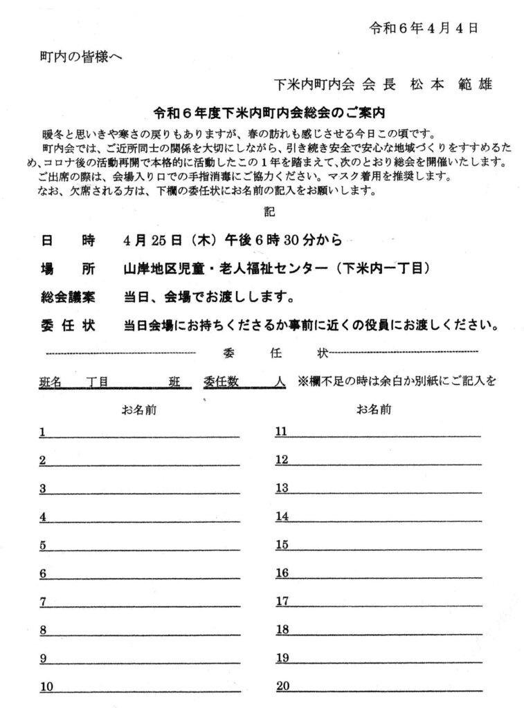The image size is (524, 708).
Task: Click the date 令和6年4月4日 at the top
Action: [x=424, y=28]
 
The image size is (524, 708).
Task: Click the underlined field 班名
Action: [x=51, y=381]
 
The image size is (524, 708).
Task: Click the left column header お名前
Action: [x=138, y=409]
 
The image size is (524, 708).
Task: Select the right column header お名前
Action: [x=374, y=409]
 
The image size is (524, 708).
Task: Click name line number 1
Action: [x=138, y=433]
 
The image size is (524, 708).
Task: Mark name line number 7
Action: [x=138, y=602]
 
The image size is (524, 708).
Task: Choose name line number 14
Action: [x=377, y=517]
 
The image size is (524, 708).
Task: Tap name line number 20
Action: [x=377, y=687]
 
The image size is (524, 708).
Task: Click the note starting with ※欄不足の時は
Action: [x=397, y=381]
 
